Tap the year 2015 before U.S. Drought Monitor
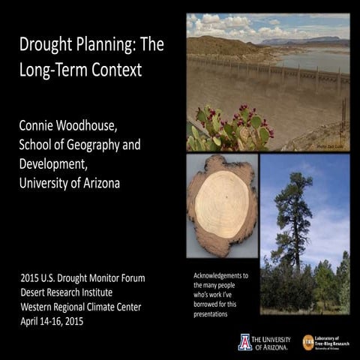(x=33, y=278)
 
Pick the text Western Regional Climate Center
(x=87, y=307)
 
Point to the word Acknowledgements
(x=222, y=276)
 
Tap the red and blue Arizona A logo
(x=245, y=342)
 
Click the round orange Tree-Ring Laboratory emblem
(x=308, y=341)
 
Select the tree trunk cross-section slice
(x=221, y=204)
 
